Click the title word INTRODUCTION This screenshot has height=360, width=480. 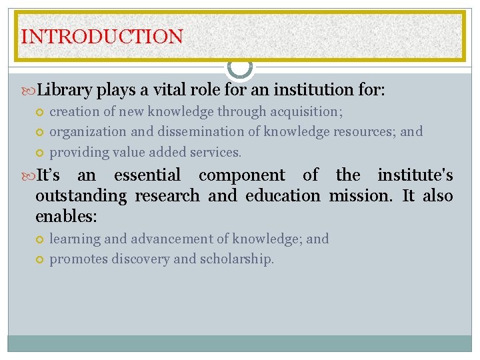pyautogui.click(x=102, y=36)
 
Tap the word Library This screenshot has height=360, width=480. pyautogui.click(x=65, y=89)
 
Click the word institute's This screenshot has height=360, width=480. pyautogui.click(x=415, y=175)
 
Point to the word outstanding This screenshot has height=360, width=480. pyautogui.click(x=81, y=196)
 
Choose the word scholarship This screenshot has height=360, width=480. pyautogui.click(x=237, y=259)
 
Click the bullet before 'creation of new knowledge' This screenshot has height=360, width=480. pyautogui.click(x=40, y=112)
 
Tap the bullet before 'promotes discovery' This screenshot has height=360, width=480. pyautogui.click(x=40, y=259)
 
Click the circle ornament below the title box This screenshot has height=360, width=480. pyautogui.click(x=240, y=67)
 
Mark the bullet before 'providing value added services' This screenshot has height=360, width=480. pyautogui.click(x=40, y=153)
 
